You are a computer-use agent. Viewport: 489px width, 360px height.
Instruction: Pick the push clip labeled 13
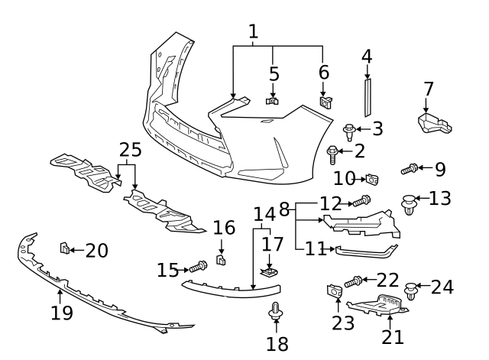[410, 204]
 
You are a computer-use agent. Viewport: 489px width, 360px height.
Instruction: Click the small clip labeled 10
[372, 180]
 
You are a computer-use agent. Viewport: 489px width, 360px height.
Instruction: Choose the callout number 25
[130, 149]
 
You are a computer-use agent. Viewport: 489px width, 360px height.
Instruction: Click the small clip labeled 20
[65, 248]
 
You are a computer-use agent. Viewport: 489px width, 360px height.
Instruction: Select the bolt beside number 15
[199, 268]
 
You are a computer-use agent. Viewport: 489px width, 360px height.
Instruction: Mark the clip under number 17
[268, 271]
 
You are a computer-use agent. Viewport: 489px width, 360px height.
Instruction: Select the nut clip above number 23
[334, 290]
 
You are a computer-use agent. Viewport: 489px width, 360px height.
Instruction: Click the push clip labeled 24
[413, 291]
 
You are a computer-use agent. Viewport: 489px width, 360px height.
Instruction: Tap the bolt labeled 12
[361, 202]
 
